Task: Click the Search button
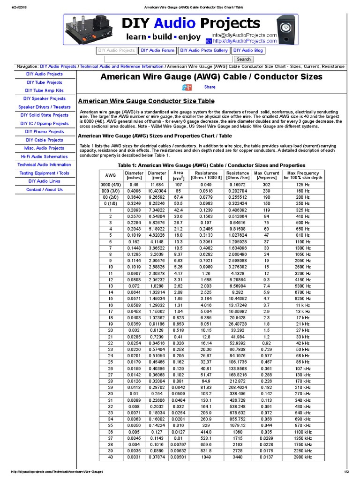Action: tap(244, 59)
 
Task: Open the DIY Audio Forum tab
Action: tap(157, 51)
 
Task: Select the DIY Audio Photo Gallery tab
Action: tap(204, 51)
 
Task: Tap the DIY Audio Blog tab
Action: tap(248, 51)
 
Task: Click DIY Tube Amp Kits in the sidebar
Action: tap(44, 90)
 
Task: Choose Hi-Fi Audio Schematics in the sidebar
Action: tap(44, 157)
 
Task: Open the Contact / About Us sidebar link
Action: tap(44, 190)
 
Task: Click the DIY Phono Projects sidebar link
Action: tap(44, 132)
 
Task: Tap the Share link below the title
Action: tap(210, 87)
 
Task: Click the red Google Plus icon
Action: tap(187, 88)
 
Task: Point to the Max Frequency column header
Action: tap(303, 175)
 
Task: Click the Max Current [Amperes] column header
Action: tap(266, 175)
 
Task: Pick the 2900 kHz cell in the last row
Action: tap(303, 457)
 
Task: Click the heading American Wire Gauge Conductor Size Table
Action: tap(146, 101)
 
